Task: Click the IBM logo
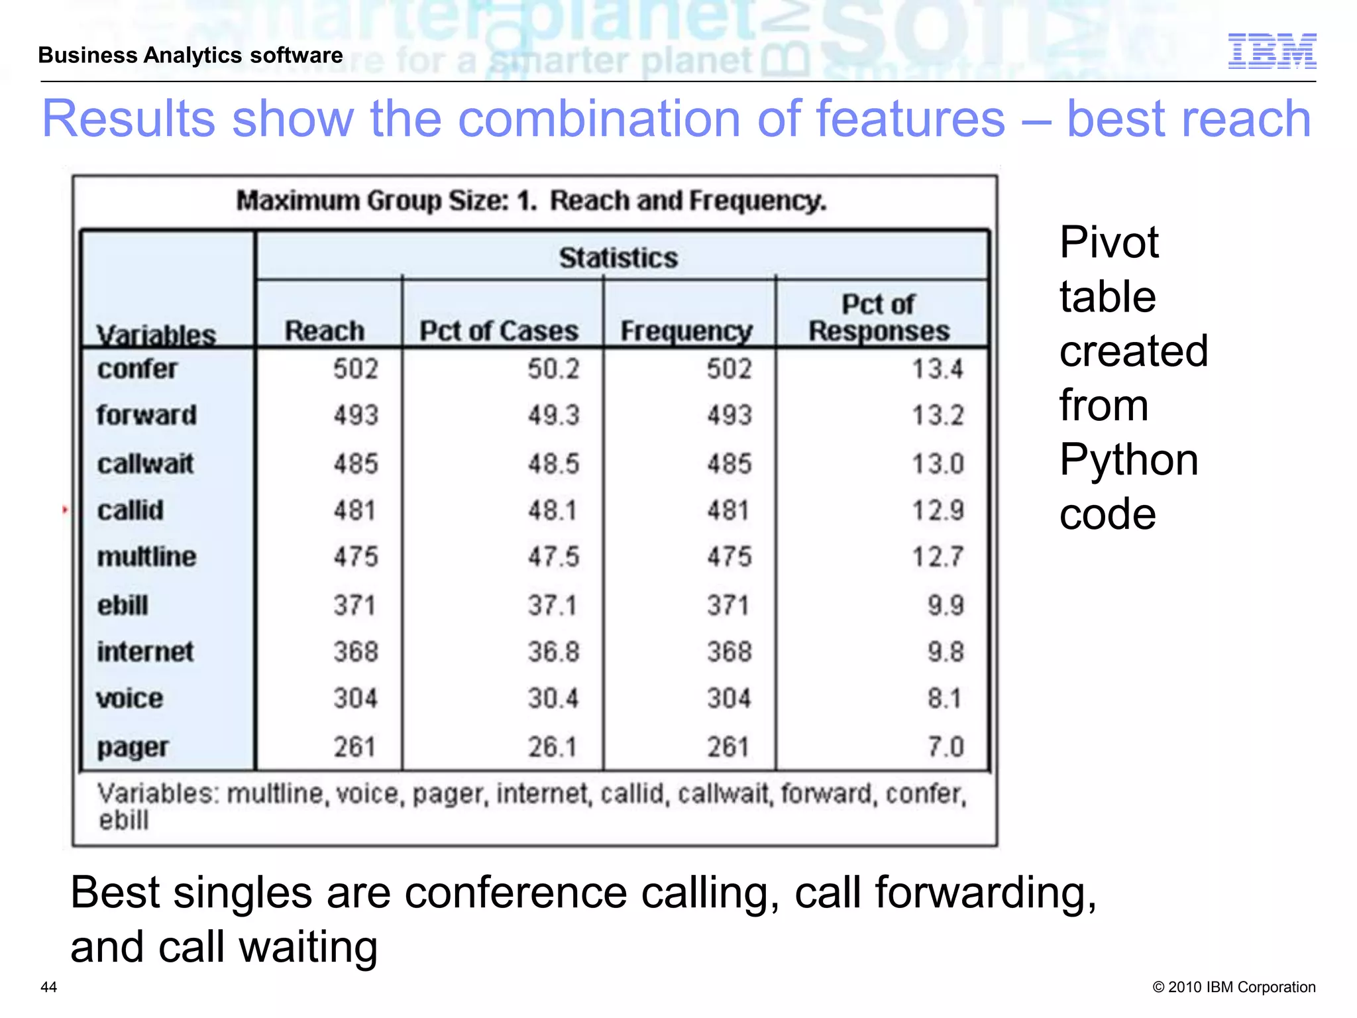(x=1272, y=51)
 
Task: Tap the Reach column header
(x=325, y=331)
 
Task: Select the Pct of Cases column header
(x=499, y=331)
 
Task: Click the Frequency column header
(x=686, y=331)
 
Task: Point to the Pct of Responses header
(x=879, y=317)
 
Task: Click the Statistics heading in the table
(x=618, y=258)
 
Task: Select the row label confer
(x=137, y=369)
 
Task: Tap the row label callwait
(x=145, y=464)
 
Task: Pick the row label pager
(x=133, y=748)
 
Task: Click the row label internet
(x=145, y=652)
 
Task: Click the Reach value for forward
(x=355, y=416)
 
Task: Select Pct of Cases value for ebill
(x=552, y=605)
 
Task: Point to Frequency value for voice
(x=728, y=699)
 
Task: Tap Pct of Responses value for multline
(x=938, y=557)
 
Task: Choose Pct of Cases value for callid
(x=552, y=510)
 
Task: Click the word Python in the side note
(x=1128, y=459)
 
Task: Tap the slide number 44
(x=49, y=987)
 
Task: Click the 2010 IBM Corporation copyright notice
(x=1234, y=987)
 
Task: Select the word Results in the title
(x=129, y=119)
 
